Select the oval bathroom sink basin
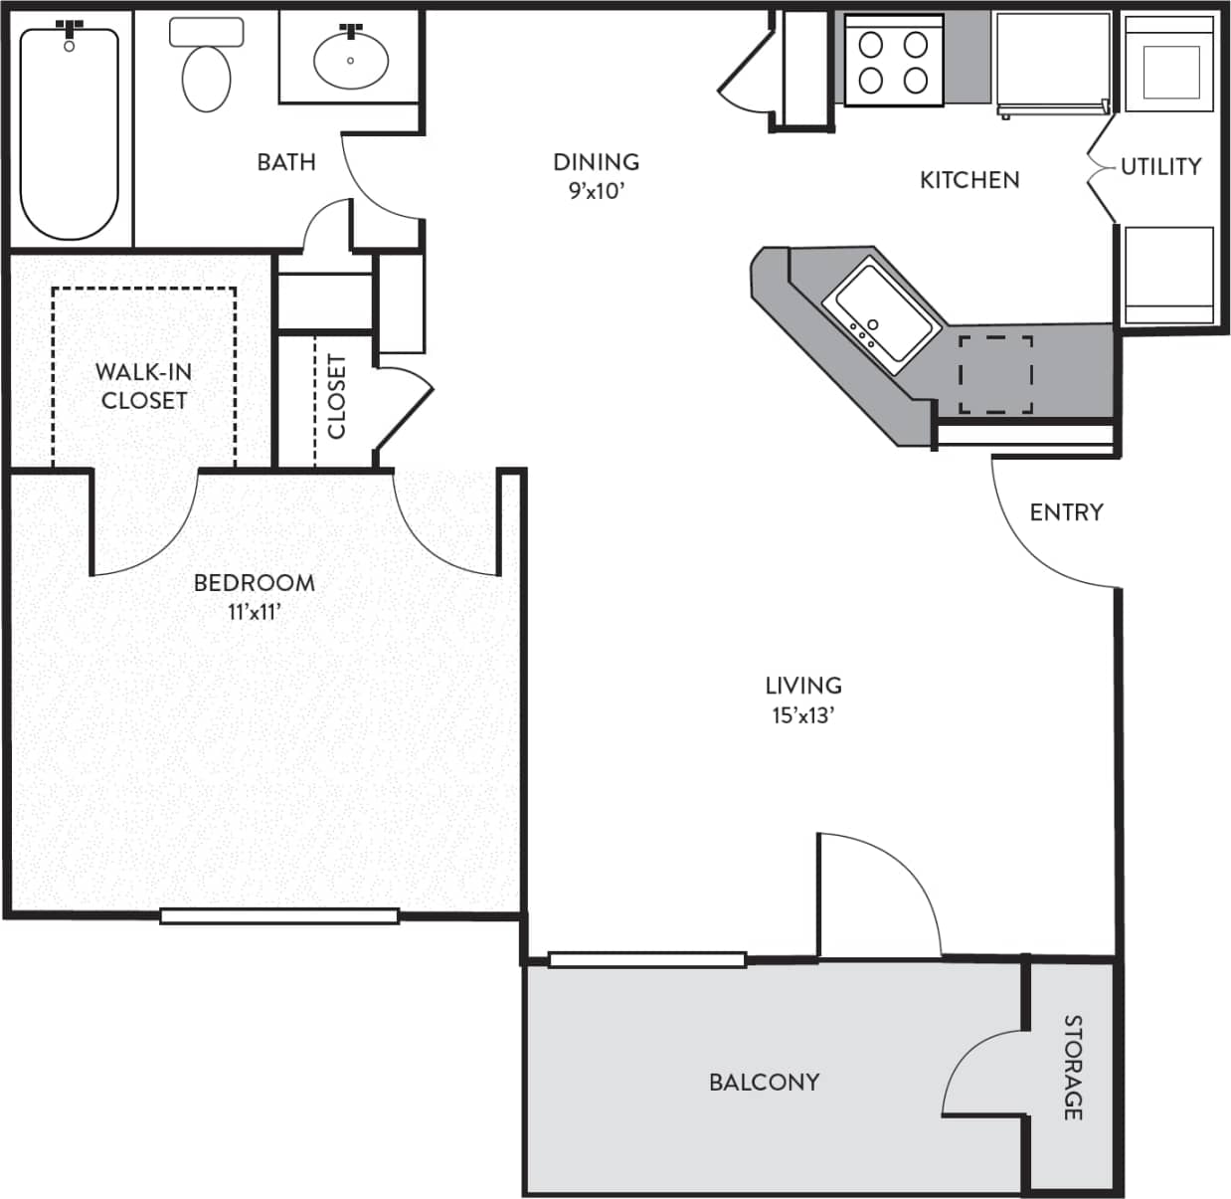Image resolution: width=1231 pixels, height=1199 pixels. pos(350,60)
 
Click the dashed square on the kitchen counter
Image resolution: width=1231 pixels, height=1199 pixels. pos(995,374)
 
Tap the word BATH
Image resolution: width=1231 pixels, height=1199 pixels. pos(286,162)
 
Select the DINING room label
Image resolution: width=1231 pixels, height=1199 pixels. pos(596,161)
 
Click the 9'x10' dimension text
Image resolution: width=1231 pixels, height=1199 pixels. pos(596,191)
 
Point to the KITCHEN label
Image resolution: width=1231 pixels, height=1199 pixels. pos(969,180)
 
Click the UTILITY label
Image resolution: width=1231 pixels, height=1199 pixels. pos(1160,166)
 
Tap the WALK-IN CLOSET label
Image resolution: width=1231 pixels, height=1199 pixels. pos(144,386)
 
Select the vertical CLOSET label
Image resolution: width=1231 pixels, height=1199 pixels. pos(337,396)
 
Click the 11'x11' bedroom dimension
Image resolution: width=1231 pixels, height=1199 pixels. pos(254,613)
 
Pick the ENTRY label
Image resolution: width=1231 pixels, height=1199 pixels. pos(1066,512)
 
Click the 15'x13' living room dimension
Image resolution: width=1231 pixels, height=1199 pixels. pos(802,715)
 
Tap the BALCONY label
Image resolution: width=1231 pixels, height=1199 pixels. pos(764,1082)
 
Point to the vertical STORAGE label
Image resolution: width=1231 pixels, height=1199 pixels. pos(1073,1067)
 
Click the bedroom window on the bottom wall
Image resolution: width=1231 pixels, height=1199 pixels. pos(279,916)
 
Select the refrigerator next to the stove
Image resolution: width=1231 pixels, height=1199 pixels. pos(1053,62)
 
